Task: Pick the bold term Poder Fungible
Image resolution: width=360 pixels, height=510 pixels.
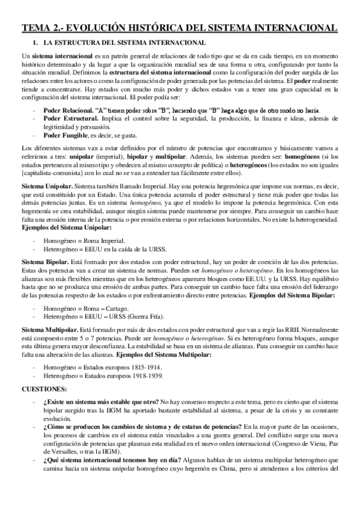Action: (66, 136)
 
